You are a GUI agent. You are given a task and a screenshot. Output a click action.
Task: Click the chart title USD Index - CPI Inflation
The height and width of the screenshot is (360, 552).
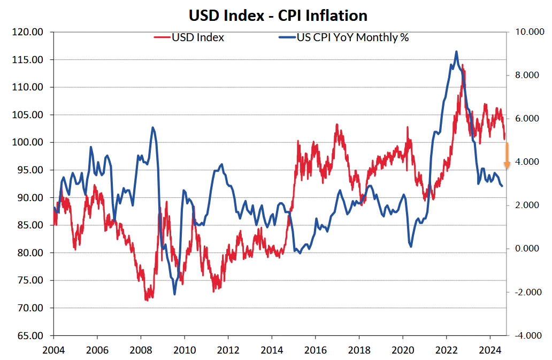pos(278,15)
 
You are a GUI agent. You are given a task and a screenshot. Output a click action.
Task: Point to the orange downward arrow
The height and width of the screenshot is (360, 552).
pos(507,156)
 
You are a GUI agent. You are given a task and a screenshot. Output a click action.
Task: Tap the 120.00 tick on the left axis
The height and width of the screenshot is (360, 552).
pos(27,32)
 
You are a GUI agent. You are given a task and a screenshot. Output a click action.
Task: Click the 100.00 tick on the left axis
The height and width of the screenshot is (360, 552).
pos(27,142)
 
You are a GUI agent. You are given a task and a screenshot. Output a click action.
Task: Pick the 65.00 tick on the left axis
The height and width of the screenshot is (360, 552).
pos(27,336)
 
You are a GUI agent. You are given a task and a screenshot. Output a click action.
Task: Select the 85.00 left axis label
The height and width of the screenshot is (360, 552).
pos(27,225)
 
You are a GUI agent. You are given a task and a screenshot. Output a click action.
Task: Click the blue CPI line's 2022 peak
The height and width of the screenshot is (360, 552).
pos(456,51)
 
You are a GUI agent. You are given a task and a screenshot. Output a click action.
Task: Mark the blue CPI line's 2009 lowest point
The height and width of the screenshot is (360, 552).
pos(174,294)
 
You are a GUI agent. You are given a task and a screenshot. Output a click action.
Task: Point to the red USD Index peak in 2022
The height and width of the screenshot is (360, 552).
pos(462,65)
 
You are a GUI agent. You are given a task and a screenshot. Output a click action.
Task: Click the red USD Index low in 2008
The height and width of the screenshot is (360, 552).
pos(147,301)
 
